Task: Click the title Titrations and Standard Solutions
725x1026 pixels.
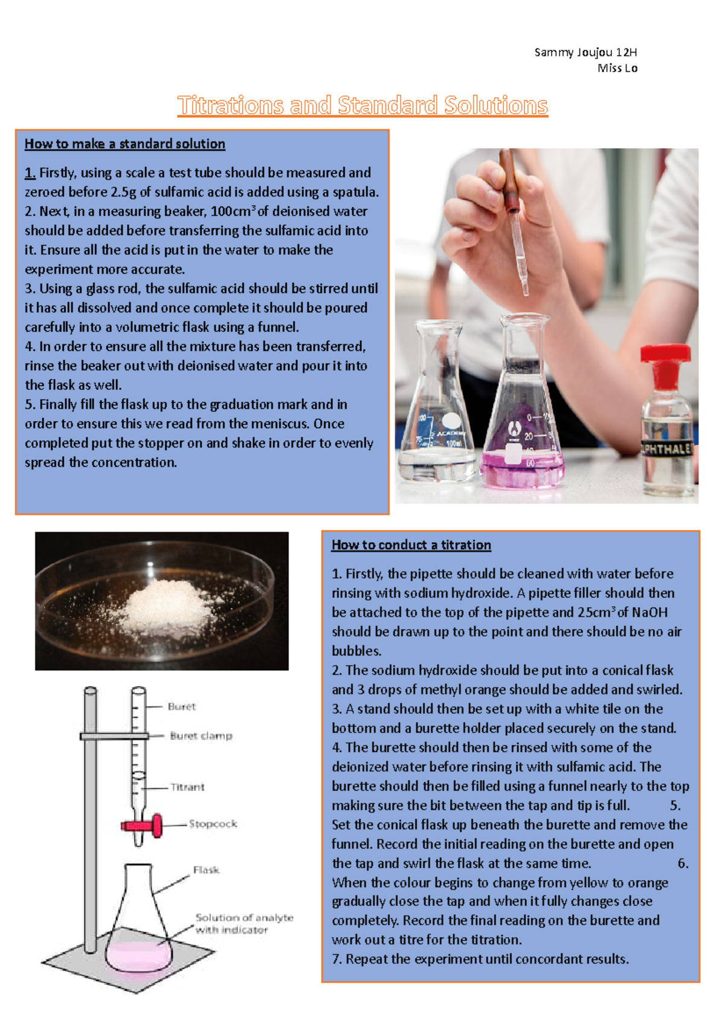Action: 362,105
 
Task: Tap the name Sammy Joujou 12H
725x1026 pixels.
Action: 585,53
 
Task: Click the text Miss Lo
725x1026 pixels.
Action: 617,68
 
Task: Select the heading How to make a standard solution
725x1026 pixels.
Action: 125,144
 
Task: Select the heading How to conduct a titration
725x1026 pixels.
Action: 411,545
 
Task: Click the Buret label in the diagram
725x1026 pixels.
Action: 182,706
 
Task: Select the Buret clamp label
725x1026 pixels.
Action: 201,736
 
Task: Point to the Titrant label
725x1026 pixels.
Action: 187,787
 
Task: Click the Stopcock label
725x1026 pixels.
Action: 213,824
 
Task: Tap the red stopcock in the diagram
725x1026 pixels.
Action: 145,826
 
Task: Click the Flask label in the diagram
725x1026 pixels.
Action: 206,870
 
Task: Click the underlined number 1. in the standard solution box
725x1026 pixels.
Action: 30,173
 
